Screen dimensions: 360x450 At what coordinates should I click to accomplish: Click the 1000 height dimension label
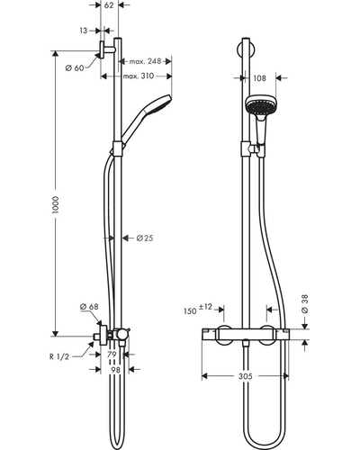point(56,205)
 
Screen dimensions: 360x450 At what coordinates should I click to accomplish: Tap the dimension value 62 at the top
point(109,5)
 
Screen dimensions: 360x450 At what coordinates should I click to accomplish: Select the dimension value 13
point(84,31)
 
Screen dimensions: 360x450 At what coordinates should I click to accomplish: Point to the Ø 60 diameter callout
point(75,68)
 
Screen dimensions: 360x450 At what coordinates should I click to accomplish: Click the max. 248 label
point(145,61)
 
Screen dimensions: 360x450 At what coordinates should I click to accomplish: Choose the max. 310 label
point(139,76)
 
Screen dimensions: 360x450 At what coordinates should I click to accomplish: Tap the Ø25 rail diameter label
point(145,238)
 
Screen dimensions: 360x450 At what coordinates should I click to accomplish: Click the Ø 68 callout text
point(89,307)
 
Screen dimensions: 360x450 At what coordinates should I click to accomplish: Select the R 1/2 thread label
point(59,356)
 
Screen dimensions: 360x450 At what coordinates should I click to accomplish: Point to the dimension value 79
point(112,355)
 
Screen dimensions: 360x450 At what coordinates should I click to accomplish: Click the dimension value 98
point(115,370)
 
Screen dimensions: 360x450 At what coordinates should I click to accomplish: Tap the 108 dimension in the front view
point(259,78)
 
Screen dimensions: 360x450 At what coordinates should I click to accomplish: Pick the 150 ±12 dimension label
point(198,309)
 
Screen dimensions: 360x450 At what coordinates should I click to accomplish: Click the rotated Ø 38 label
point(304,304)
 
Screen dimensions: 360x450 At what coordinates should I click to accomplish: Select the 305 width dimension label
point(246,376)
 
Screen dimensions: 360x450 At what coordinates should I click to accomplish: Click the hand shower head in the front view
point(261,105)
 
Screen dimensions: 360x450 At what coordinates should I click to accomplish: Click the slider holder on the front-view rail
point(253,149)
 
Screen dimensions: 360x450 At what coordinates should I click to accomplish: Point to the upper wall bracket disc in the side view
point(102,49)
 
